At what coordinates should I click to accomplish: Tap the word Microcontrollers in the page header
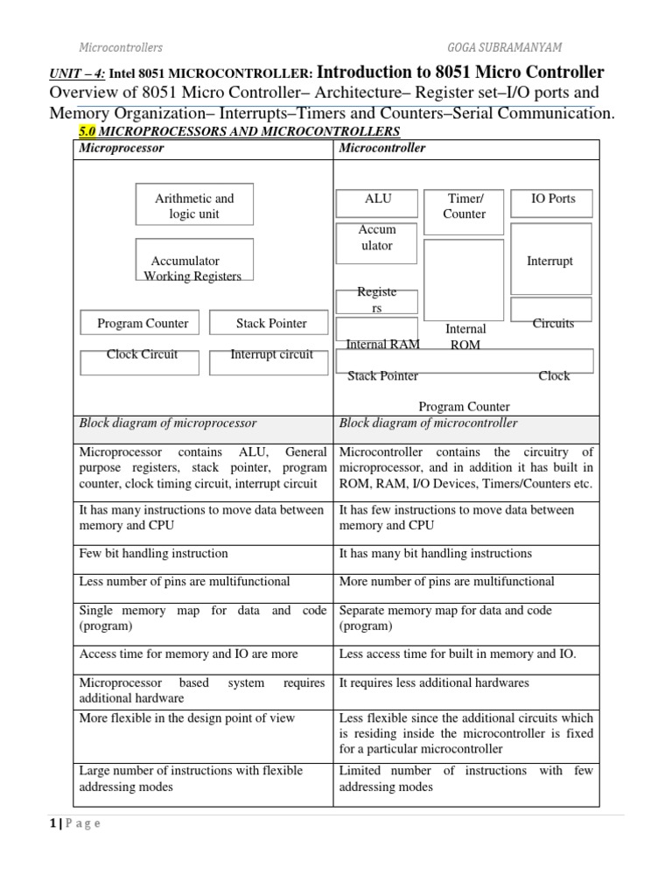(121, 46)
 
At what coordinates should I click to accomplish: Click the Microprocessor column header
(122, 149)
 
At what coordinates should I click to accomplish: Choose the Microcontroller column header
(382, 149)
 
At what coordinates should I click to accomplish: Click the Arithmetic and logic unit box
(194, 206)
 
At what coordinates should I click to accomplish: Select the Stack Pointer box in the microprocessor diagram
(271, 323)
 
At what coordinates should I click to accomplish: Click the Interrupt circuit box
(271, 355)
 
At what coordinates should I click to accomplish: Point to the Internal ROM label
(465, 337)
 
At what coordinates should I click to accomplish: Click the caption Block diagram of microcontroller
(428, 423)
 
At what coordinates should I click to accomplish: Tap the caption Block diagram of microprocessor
(168, 423)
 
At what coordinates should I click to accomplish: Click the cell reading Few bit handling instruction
(153, 554)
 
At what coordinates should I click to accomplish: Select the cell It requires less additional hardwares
(433, 682)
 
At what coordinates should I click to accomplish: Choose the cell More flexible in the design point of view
(186, 718)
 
